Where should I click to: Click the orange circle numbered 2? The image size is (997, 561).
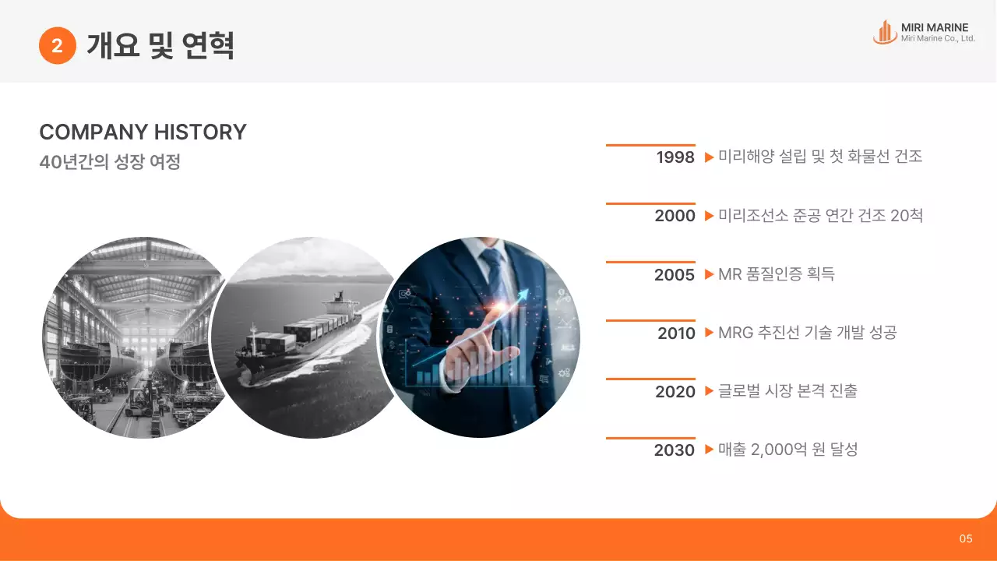click(57, 46)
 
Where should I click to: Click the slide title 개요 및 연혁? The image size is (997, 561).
click(160, 46)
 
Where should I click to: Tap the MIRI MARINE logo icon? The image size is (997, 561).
click(884, 32)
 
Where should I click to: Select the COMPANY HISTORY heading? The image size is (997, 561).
click(143, 132)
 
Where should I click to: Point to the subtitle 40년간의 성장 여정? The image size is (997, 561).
click(110, 163)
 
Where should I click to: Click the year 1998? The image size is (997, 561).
click(675, 157)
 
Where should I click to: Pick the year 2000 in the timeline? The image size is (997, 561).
click(675, 216)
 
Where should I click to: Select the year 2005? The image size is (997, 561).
click(675, 274)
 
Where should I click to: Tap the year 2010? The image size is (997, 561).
click(675, 333)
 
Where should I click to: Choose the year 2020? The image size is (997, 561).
click(675, 392)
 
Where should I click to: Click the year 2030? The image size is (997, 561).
click(675, 450)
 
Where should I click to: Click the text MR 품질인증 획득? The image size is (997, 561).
click(776, 274)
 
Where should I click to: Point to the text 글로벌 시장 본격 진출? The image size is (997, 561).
click(787, 391)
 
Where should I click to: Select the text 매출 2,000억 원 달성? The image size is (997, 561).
click(787, 450)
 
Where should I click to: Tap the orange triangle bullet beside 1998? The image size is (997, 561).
click(709, 157)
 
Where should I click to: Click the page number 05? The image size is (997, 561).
click(966, 538)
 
